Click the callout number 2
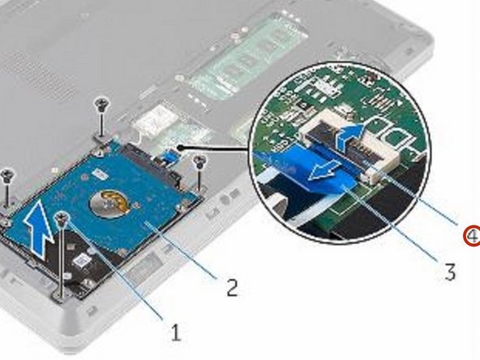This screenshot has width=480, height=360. (x=232, y=286)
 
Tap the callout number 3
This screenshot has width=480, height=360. (x=449, y=272)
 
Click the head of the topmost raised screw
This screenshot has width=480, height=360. (x=101, y=102)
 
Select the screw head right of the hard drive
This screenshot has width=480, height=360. (x=201, y=160)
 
